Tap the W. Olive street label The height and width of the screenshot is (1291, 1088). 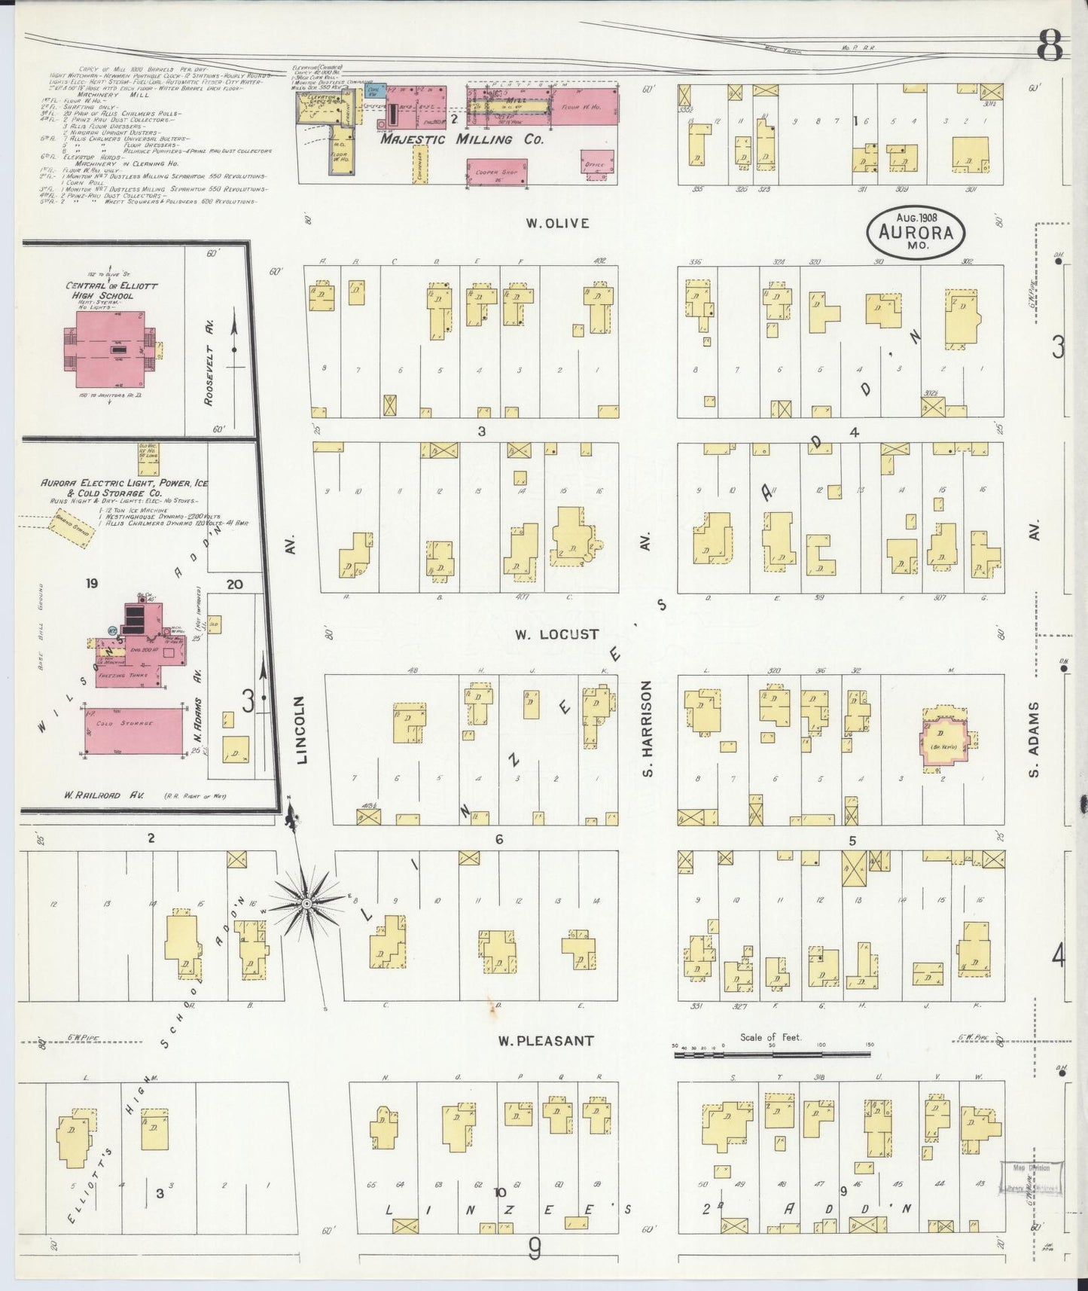click(557, 223)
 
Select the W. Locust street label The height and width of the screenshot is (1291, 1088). click(557, 634)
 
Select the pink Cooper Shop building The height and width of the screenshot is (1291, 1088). click(496, 172)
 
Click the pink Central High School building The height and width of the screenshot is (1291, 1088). click(111, 351)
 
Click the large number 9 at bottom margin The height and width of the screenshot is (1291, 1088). click(535, 1250)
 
